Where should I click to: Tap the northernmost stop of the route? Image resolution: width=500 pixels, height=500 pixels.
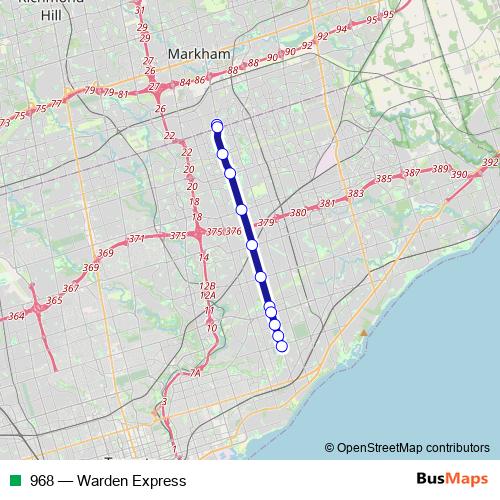pos(217,125)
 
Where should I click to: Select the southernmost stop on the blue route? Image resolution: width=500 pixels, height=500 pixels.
pos(281,347)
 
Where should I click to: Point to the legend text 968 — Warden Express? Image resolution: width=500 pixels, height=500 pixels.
pos(108,480)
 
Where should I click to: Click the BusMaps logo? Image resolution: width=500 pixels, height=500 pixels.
pos(448,480)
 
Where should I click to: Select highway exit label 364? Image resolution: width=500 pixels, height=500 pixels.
pos(16,316)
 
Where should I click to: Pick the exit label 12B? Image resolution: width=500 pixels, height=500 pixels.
pos(208,285)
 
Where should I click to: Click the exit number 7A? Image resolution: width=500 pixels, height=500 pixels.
pos(195,373)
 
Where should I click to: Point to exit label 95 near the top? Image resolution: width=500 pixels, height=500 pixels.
pos(372,19)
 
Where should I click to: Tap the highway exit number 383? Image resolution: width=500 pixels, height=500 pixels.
pos(355,194)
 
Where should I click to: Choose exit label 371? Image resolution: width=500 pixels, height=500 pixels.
pos(137,239)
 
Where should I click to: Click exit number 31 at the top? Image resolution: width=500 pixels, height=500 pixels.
pos(139,10)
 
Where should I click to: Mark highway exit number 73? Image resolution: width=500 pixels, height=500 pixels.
pos(5,122)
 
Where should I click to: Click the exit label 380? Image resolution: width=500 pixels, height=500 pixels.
pos(297,213)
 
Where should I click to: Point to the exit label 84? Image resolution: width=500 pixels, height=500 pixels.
pos(185,83)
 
